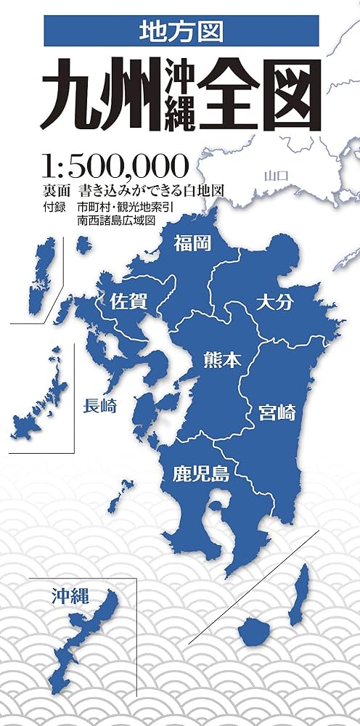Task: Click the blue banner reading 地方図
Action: click(x=181, y=31)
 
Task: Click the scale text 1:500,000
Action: click(x=116, y=166)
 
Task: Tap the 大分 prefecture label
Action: click(x=275, y=302)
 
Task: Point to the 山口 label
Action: click(x=277, y=175)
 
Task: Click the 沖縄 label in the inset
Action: click(x=70, y=598)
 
